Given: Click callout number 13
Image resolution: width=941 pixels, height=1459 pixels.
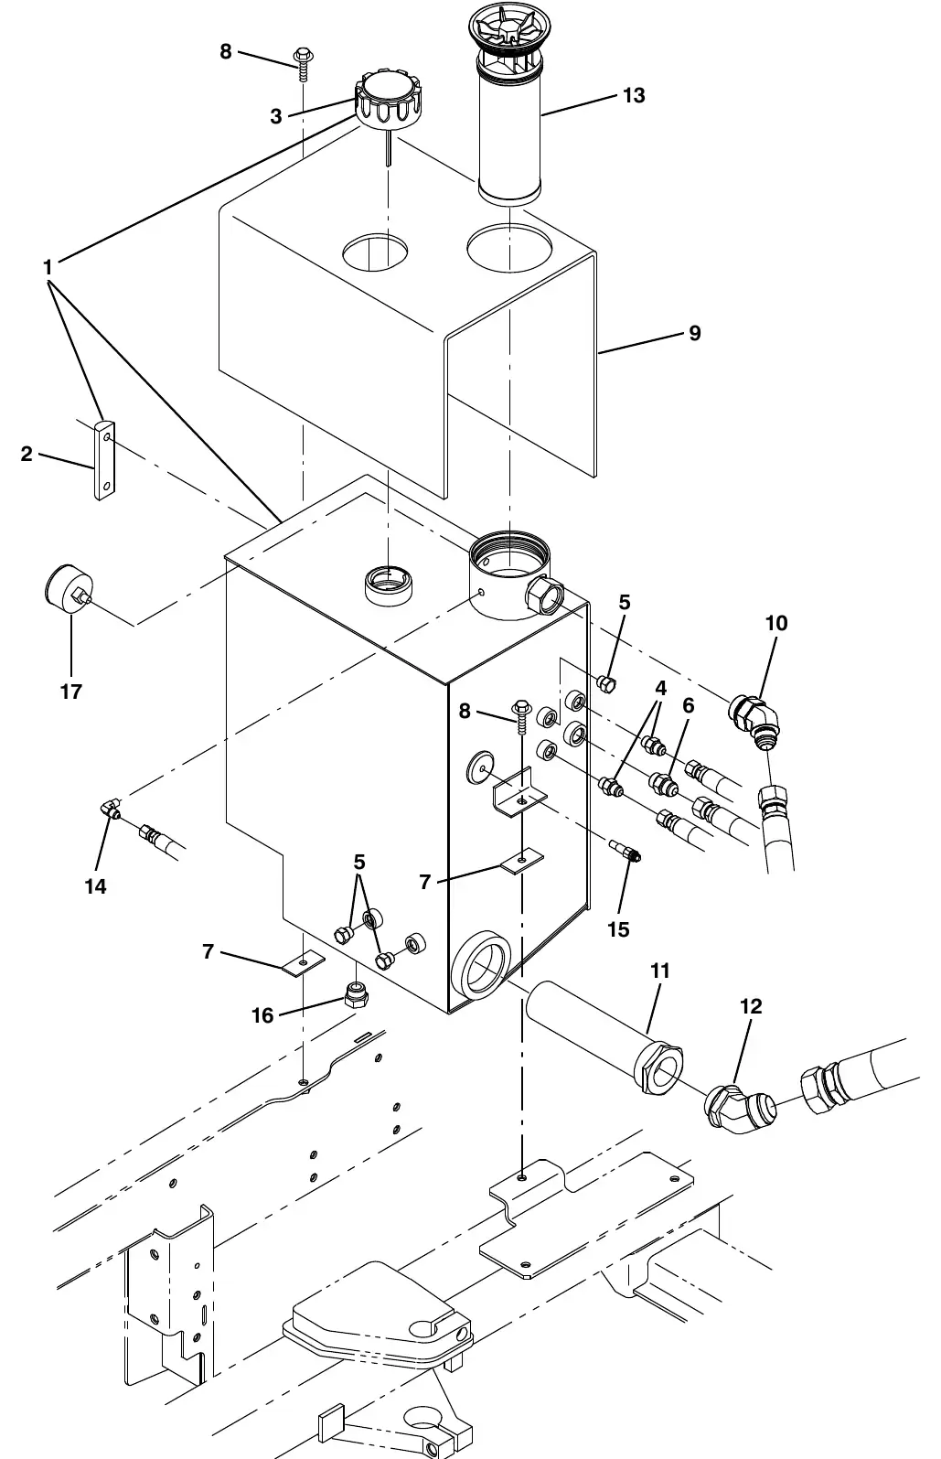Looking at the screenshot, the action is [x=634, y=95].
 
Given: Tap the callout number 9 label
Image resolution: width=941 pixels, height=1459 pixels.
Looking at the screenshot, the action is [x=695, y=334].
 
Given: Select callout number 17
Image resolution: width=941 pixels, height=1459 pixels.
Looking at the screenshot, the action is [x=71, y=691].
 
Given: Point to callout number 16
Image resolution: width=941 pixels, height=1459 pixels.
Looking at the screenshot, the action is [x=262, y=1015].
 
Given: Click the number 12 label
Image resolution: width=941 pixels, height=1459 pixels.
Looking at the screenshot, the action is [x=751, y=1006].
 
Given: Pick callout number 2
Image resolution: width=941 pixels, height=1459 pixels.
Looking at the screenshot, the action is [x=26, y=454].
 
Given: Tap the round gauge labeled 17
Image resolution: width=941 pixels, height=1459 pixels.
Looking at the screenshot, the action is [x=69, y=587].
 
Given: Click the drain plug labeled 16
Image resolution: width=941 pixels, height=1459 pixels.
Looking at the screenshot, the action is [x=357, y=994].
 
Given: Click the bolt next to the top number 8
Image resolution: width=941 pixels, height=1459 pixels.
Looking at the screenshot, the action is [x=303, y=62].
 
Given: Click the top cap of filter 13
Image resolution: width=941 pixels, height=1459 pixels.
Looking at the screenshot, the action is [x=509, y=27].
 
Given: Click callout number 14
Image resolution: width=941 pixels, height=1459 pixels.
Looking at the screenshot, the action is [x=95, y=886].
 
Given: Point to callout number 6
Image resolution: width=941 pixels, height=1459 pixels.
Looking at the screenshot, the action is [x=689, y=705].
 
